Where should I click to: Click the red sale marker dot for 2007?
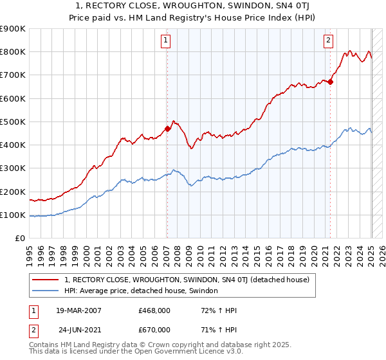point(167,129)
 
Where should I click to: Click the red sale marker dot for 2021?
point(330,82)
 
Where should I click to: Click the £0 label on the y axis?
point(21,238)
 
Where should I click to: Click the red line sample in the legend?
point(46,280)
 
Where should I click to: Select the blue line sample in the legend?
point(46,291)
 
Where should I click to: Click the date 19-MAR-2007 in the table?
point(78,310)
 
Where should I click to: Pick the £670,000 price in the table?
point(154,329)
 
